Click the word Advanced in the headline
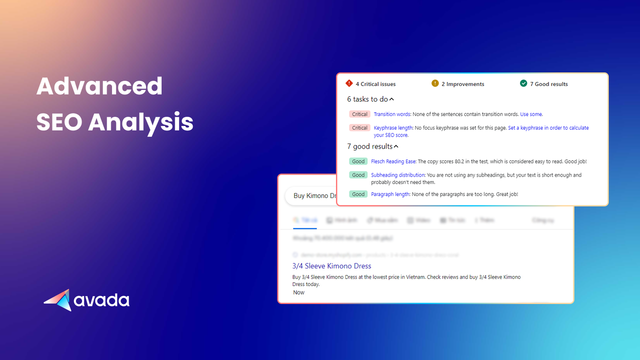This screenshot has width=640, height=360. pyautogui.click(x=99, y=86)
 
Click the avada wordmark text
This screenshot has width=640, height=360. pyautogui.click(x=101, y=300)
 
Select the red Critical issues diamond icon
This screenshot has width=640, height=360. pyautogui.click(x=349, y=83)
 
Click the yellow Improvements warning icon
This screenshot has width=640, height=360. pyautogui.click(x=435, y=83)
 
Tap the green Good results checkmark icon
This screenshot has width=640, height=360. pyautogui.click(x=523, y=83)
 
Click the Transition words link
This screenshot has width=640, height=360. pyautogui.click(x=392, y=114)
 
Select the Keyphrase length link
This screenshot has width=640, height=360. pyautogui.click(x=393, y=128)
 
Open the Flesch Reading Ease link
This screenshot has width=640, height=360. pyautogui.click(x=393, y=161)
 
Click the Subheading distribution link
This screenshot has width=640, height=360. pyautogui.click(x=397, y=175)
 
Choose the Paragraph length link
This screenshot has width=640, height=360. pyautogui.click(x=390, y=194)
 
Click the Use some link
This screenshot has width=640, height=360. pyautogui.click(x=531, y=114)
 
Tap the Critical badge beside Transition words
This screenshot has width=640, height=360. pyautogui.click(x=359, y=114)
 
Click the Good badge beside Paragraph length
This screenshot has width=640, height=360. pyautogui.click(x=358, y=194)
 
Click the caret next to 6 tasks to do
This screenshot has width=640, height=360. pyautogui.click(x=391, y=99)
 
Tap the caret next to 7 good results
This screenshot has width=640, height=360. pyautogui.click(x=396, y=146)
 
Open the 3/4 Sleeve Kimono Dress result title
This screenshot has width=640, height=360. pyautogui.click(x=331, y=266)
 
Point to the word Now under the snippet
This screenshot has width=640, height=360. pyautogui.click(x=298, y=292)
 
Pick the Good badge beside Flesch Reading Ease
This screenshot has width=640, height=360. pyautogui.click(x=358, y=161)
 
